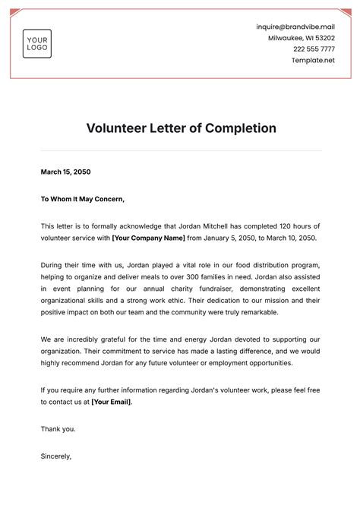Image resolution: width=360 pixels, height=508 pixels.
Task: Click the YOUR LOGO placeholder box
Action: (37, 44)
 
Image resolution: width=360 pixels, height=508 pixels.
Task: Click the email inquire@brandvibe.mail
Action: (295, 27)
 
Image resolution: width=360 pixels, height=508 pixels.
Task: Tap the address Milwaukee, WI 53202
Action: (301, 38)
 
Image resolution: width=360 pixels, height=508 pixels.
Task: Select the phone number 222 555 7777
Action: (314, 49)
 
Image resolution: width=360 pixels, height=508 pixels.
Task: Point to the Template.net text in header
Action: (313, 59)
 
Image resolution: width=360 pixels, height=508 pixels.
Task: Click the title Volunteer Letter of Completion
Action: (180, 128)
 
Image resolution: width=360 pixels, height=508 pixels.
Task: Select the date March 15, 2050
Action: (65, 172)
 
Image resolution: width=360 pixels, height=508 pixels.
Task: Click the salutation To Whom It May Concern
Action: (82, 199)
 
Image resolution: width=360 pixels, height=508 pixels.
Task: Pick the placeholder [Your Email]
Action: (110, 402)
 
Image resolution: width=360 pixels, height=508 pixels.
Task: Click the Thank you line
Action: (58, 429)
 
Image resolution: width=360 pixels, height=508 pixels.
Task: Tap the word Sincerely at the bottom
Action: (56, 456)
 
